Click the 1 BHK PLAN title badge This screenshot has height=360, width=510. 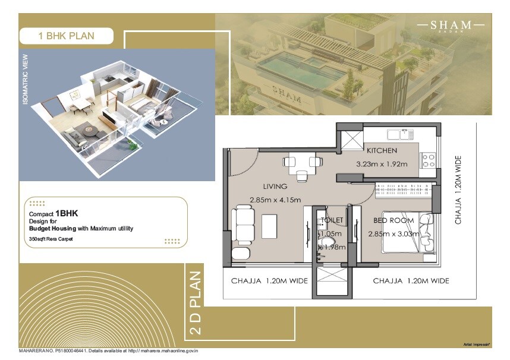click(65, 36)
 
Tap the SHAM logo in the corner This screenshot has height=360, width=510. click(452, 26)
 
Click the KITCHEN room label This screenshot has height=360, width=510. click(382, 150)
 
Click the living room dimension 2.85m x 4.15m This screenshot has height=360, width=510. click(275, 200)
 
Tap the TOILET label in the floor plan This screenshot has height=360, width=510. click(332, 220)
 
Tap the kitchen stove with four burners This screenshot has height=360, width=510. click(429, 160)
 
